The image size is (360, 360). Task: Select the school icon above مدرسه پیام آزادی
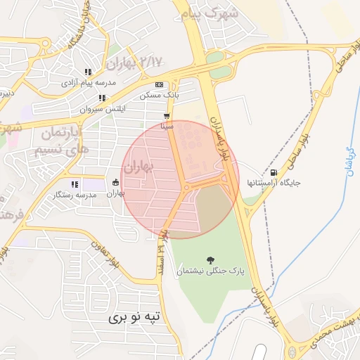point(89,72)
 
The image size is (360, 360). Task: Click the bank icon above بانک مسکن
point(159,84)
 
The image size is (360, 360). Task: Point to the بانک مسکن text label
point(159,94)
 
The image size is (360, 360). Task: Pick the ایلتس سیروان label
point(102,110)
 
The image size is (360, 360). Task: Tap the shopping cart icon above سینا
point(167,117)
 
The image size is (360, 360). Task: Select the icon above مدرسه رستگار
point(75,184)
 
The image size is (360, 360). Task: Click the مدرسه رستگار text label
point(75,194)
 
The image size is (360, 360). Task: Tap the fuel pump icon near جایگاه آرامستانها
point(274,172)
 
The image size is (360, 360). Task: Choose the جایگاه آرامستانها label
point(274,183)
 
